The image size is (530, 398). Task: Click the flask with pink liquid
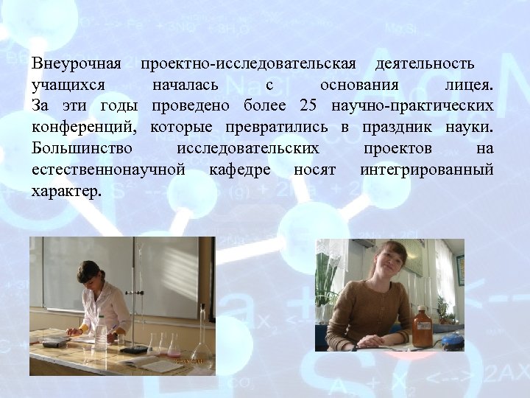point(173,346)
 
